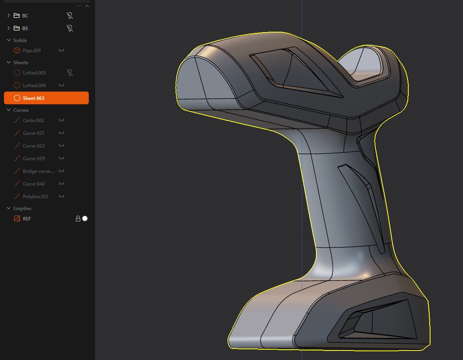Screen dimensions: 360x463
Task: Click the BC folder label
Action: coord(25,16)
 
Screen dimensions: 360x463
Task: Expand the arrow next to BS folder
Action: coord(9,29)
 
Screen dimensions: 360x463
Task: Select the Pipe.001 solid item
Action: coord(32,51)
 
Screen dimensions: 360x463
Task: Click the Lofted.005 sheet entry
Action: coord(34,73)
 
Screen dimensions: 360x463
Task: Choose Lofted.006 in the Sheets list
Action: coord(34,86)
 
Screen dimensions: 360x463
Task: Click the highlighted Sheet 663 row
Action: coord(46,98)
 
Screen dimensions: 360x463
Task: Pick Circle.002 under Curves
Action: coord(33,121)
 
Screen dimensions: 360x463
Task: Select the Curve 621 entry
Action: coord(33,133)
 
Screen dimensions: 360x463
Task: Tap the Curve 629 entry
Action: coord(34,159)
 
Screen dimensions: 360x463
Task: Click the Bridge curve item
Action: coord(39,171)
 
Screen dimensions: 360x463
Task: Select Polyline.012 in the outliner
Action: coord(35,197)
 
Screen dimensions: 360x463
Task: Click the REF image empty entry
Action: coord(27,219)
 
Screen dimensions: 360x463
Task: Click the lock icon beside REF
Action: coord(78,218)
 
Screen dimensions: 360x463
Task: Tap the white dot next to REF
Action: coord(85,218)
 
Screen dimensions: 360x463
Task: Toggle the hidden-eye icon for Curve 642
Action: coord(61,184)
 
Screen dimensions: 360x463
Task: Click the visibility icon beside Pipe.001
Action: coord(61,51)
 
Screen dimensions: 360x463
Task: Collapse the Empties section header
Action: coord(9,209)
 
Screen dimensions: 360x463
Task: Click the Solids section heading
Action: coord(20,40)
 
